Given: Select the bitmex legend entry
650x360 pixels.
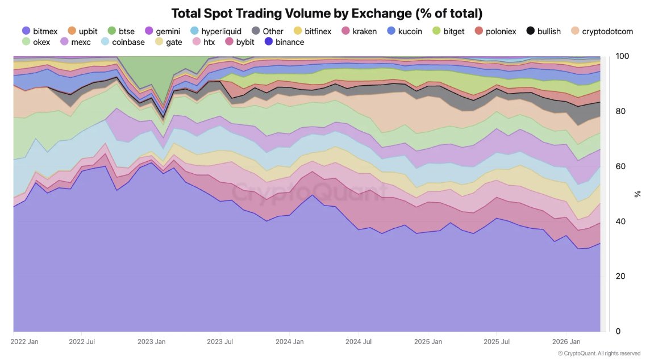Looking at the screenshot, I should click(40, 31).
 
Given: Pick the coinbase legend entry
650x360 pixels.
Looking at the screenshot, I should click(122, 42).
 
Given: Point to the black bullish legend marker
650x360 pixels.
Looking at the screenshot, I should click(531, 31).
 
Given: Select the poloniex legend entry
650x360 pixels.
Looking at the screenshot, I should click(495, 31).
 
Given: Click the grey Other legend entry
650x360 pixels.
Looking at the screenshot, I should click(267, 31).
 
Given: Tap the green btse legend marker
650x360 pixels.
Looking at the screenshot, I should click(112, 31).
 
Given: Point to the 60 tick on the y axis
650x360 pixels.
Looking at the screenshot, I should click(621, 166).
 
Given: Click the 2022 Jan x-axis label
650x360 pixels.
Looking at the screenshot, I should click(24, 342).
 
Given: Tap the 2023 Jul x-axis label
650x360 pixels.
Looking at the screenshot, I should click(220, 342).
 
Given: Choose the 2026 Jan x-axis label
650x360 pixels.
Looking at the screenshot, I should click(566, 342).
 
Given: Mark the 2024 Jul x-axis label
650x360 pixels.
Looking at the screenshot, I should click(359, 342).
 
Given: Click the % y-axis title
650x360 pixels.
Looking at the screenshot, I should click(637, 194).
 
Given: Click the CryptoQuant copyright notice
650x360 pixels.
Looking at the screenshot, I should click(607, 353).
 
